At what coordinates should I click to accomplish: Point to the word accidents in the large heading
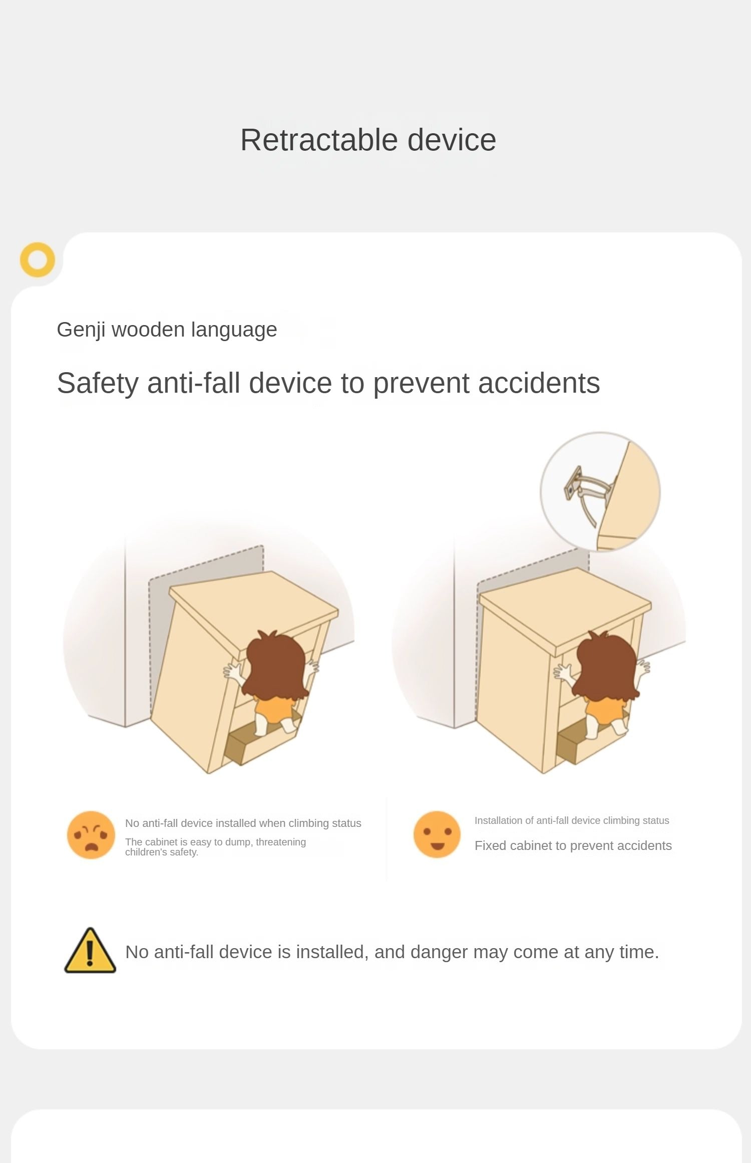coord(539,384)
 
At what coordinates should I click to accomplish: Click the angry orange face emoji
coord(91,835)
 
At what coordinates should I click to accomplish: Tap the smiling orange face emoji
coord(437,834)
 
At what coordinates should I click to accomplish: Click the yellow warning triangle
coord(90,950)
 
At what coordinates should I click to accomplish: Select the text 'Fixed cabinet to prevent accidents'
coord(573,845)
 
